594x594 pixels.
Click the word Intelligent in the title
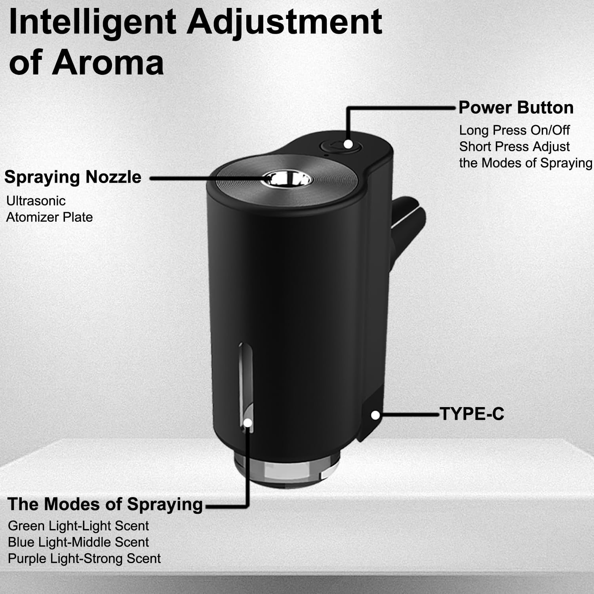coord(92,23)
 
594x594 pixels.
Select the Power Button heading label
coord(516,108)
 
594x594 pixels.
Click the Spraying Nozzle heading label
coord(73,177)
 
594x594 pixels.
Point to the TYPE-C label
coord(472,414)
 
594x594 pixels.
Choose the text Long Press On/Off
coord(514,130)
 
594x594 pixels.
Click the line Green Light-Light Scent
coord(78,526)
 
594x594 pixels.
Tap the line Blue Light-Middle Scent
coord(78,542)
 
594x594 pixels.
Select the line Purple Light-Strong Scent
coord(84,559)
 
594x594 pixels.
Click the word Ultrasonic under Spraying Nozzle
coord(36,201)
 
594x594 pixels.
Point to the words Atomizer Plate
coord(49,217)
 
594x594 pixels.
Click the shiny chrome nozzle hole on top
coord(288,179)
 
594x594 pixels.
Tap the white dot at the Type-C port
coord(375,415)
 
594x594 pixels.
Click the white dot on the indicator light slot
coord(247,423)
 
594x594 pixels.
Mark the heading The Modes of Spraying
coord(105,505)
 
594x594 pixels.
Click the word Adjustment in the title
coord(284,23)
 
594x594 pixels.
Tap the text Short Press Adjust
coord(514,147)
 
